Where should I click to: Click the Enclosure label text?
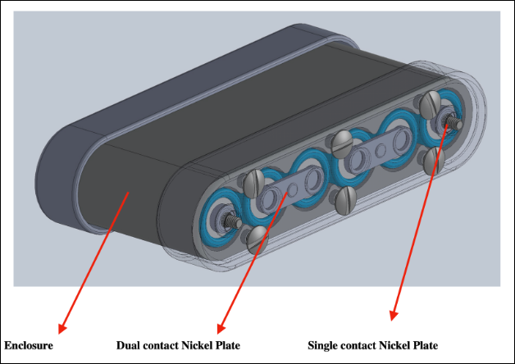pyautogui.click(x=29, y=345)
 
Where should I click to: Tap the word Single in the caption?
pyautogui.click(x=323, y=345)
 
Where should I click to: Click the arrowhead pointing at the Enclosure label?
pyautogui.click(x=62, y=328)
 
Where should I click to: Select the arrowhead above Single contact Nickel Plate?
pyautogui.click(x=394, y=316)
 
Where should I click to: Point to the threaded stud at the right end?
pyautogui.click(x=450, y=121)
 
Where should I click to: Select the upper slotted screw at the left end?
pyautogui.click(x=253, y=179)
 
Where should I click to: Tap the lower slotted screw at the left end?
pyautogui.click(x=257, y=238)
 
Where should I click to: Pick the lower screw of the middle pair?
pyautogui.click(x=347, y=197)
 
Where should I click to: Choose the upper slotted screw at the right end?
pyautogui.click(x=429, y=103)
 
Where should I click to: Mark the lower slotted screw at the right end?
pyautogui.click(x=434, y=159)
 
